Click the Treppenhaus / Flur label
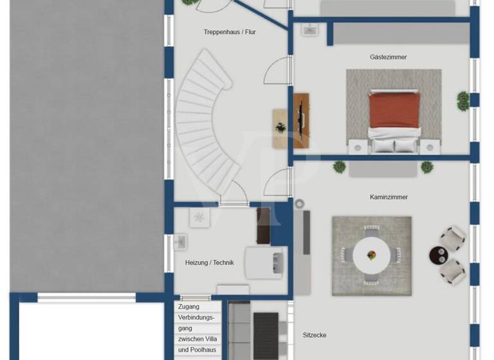pyautogui.click(x=230, y=32)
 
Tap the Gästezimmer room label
pyautogui.click(x=388, y=57)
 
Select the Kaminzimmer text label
pyautogui.click(x=389, y=197)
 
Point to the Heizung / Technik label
pyautogui.click(x=209, y=262)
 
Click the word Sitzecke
pyautogui.click(x=315, y=335)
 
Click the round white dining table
pyautogui.click(x=372, y=255)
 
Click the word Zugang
pyautogui.click(x=188, y=307)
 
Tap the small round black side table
pyautogui.click(x=439, y=256)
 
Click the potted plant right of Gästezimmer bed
pyautogui.click(x=462, y=100)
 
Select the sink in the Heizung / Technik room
pyautogui.click(x=181, y=242)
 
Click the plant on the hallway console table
pyautogui.click(x=280, y=127)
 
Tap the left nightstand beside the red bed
pyautogui.click(x=356, y=147)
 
